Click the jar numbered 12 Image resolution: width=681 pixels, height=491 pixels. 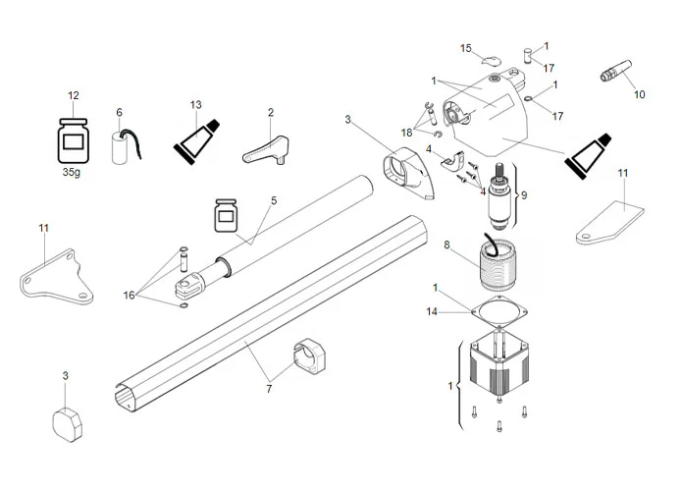coord(73,139)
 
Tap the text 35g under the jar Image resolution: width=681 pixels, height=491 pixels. coord(73,171)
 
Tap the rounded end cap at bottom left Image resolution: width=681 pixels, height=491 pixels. coord(69,422)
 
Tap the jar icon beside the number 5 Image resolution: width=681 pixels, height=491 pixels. coord(228,215)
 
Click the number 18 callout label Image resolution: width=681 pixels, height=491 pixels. coord(406,132)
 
